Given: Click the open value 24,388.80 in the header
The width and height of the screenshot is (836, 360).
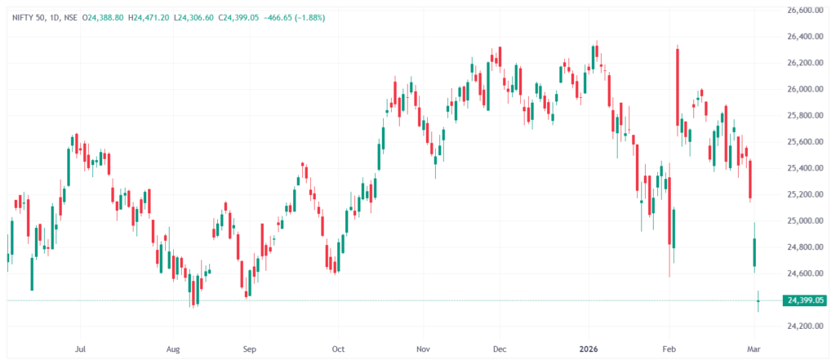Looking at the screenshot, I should pyautogui.click(x=103, y=17).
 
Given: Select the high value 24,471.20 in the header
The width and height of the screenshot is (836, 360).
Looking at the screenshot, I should pyautogui.click(x=155, y=17).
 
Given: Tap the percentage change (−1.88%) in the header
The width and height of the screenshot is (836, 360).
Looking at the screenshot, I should pyautogui.click(x=312, y=17).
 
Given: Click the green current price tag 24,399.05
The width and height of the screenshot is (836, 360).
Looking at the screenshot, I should pyautogui.click(x=805, y=301).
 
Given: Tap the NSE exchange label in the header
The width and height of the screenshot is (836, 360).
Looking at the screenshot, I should pyautogui.click(x=71, y=17).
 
